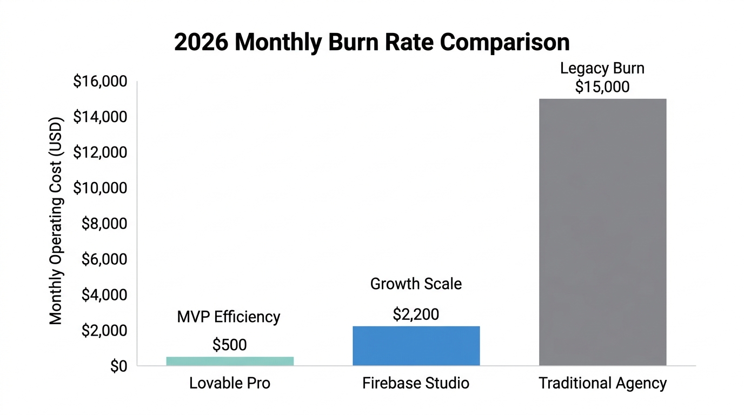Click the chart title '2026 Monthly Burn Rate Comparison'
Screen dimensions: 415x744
pyautogui.click(x=371, y=43)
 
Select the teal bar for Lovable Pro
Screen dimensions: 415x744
pyautogui.click(x=230, y=361)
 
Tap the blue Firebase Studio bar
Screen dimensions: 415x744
pyautogui.click(x=416, y=346)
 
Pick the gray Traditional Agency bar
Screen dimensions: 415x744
pyautogui.click(x=602, y=232)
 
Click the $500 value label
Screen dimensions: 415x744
pyautogui.click(x=230, y=345)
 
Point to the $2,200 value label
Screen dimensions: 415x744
pyautogui.click(x=416, y=314)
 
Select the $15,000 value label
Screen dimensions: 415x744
pyautogui.click(x=602, y=87)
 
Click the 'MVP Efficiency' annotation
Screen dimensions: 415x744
pyautogui.click(x=229, y=317)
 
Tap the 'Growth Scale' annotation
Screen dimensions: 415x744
pyautogui.click(x=416, y=284)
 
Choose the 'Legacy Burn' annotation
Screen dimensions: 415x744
pyautogui.click(x=602, y=69)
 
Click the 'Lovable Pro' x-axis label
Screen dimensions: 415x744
pyautogui.click(x=230, y=384)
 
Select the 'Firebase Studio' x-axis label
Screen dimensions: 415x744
pyautogui.click(x=416, y=384)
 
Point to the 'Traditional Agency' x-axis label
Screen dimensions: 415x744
pyautogui.click(x=602, y=384)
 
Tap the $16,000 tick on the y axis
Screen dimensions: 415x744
pyautogui.click(x=100, y=82)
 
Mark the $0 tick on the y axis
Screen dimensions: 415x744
pyautogui.click(x=118, y=366)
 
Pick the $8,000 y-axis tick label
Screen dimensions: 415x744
pyautogui.click(x=104, y=224)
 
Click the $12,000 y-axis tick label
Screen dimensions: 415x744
pyautogui.click(x=100, y=153)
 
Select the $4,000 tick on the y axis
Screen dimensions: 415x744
pyautogui.click(x=104, y=296)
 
